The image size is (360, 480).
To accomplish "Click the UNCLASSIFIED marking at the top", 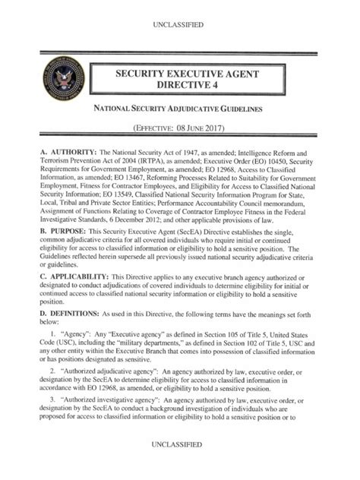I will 179,25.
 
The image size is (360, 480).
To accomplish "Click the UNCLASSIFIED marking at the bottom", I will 179,463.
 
